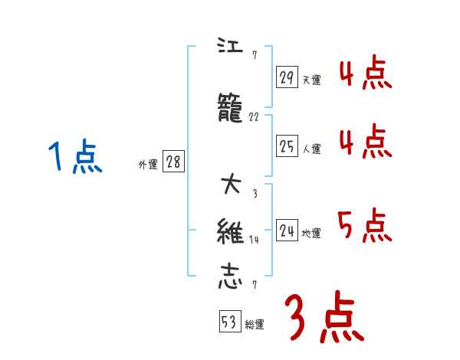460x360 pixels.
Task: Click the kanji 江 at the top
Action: (x=229, y=45)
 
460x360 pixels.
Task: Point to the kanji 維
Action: (x=230, y=231)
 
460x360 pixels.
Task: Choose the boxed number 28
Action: (x=173, y=162)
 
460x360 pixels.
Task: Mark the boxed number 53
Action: (x=228, y=322)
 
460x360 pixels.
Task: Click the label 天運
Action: (x=312, y=80)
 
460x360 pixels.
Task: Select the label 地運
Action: (x=312, y=234)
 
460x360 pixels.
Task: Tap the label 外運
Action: (x=148, y=165)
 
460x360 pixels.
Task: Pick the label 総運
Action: (x=255, y=325)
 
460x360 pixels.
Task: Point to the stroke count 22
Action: (x=255, y=118)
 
